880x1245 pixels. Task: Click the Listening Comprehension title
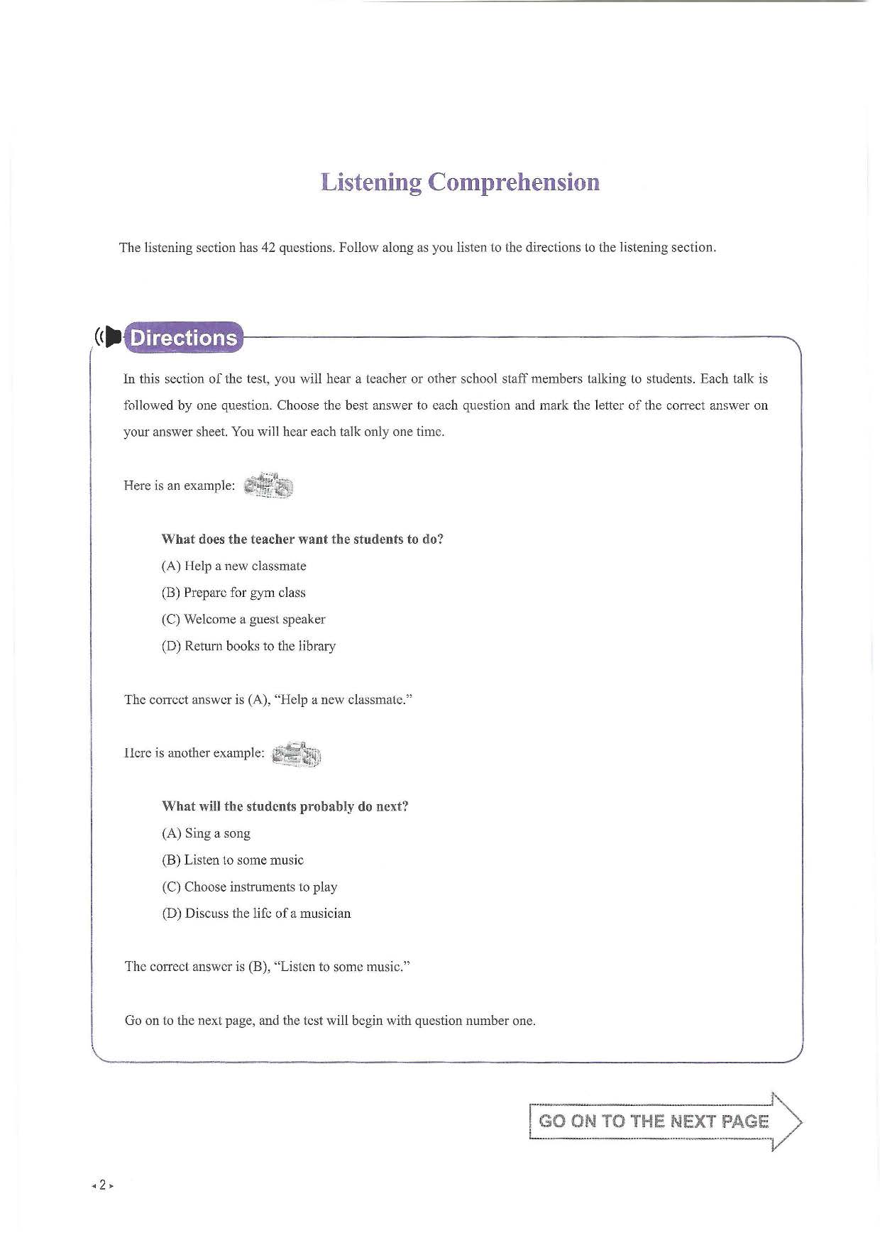click(x=460, y=182)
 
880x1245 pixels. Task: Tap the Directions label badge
click(x=183, y=338)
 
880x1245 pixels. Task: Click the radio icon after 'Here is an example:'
click(x=268, y=486)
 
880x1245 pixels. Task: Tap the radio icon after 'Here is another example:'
click(x=297, y=754)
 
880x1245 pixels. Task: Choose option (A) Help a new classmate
click(x=233, y=566)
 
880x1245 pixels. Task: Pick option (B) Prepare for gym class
click(x=233, y=593)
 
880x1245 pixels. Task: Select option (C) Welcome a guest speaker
click(x=243, y=620)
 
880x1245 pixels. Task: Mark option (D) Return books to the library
click(x=248, y=647)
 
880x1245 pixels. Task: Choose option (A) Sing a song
click(x=206, y=833)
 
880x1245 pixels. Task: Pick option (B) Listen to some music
click(x=233, y=860)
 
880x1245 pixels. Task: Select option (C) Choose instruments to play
click(x=249, y=887)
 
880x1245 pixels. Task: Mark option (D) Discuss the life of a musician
click(x=256, y=914)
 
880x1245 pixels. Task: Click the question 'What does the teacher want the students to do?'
click(x=302, y=539)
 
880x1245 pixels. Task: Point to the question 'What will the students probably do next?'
click(x=285, y=806)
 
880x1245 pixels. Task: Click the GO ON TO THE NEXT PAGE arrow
click(x=664, y=1121)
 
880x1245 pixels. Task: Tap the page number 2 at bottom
click(x=102, y=1185)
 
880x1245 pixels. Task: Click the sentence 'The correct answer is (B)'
click(x=268, y=967)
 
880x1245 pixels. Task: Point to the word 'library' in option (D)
click(x=317, y=647)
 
